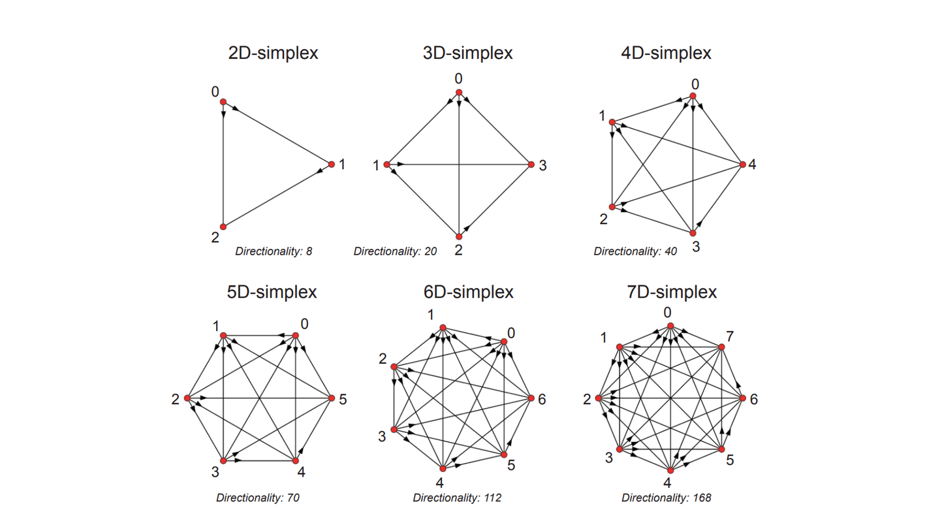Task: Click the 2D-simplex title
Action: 273,53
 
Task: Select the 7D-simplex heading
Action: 672,292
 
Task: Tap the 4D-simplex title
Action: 666,53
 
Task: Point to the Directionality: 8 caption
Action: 274,251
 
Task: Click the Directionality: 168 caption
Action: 666,498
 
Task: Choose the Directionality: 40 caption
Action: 635,251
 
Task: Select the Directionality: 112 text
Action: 457,498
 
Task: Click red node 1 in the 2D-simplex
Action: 332,165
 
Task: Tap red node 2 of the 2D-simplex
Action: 223,227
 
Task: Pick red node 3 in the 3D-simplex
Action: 531,165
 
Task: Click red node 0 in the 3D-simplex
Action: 459,92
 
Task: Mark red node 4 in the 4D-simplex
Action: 743,165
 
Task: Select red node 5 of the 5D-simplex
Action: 332,398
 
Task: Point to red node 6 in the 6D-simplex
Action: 531,398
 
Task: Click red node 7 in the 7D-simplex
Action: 722,347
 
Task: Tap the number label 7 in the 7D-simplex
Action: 730,336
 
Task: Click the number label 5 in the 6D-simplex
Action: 511,465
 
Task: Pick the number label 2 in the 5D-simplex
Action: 176,399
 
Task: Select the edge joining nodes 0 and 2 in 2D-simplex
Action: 223,165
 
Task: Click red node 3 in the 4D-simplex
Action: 693,233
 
